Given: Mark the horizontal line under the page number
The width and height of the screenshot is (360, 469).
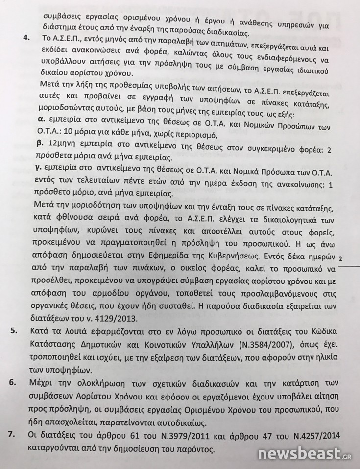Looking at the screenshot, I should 348,267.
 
